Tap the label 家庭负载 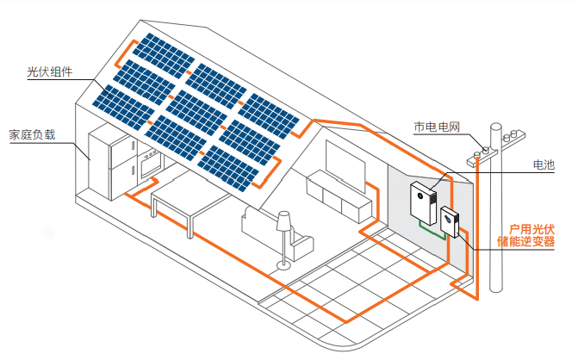tap(32, 134)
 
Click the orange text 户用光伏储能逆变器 tap(528, 235)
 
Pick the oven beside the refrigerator tap(149, 161)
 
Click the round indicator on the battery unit tap(421, 196)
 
